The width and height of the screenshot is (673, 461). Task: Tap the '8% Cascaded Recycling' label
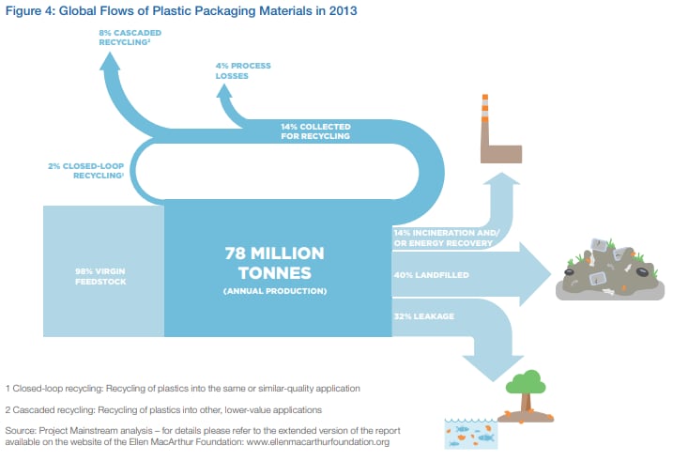(130, 38)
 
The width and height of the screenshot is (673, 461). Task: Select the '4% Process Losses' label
(243, 70)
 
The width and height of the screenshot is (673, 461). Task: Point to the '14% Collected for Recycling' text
(315, 131)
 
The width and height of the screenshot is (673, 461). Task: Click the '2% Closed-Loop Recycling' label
(85, 170)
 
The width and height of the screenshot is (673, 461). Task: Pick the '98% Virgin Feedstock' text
(100, 276)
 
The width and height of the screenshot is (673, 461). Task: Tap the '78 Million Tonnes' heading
(275, 263)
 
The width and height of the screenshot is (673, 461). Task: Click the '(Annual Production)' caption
(275, 291)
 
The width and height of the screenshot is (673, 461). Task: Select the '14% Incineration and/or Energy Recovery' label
(447, 238)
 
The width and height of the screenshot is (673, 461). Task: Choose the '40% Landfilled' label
(432, 275)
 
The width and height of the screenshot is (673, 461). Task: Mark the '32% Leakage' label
(424, 316)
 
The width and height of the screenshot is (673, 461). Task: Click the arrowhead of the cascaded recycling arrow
(110, 60)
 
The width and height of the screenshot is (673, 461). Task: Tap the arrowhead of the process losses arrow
(224, 90)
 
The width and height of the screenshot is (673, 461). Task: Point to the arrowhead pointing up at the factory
(501, 178)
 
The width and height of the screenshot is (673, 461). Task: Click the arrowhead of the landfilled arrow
(535, 274)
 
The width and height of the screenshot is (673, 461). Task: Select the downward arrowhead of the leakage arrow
(493, 368)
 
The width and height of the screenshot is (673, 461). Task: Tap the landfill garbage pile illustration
(610, 269)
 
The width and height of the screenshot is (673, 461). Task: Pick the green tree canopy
(526, 382)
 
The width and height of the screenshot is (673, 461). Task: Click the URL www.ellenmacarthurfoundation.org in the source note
(318, 442)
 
